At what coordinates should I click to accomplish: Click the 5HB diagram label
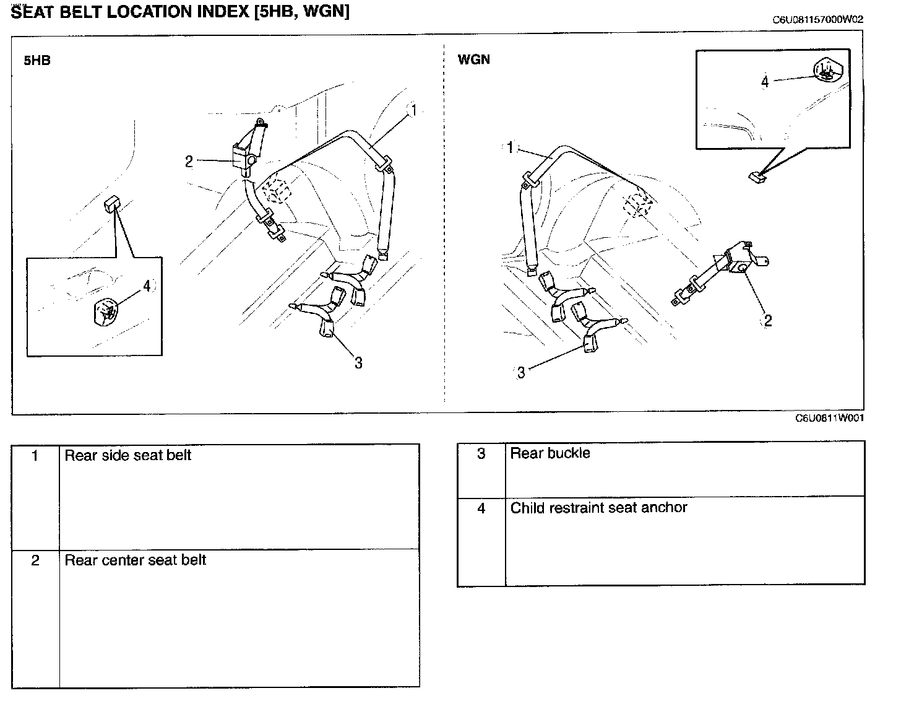(x=37, y=61)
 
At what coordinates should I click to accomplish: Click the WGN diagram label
(x=473, y=60)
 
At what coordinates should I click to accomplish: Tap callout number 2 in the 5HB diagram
(x=189, y=162)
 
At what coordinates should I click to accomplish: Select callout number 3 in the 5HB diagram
(x=358, y=363)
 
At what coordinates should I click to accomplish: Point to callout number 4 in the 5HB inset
(x=147, y=285)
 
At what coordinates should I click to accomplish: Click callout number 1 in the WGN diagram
(x=510, y=147)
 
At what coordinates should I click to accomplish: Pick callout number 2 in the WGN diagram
(x=768, y=320)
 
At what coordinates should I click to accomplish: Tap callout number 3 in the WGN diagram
(x=521, y=372)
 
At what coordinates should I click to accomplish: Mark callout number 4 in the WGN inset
(x=765, y=81)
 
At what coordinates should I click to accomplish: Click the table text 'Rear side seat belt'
(x=128, y=456)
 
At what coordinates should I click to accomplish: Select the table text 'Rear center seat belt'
(x=135, y=560)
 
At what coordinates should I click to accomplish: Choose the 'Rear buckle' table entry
(x=550, y=453)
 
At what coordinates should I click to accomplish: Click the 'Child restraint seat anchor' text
(x=598, y=508)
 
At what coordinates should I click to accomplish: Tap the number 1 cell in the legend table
(x=35, y=456)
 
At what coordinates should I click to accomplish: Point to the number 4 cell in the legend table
(x=481, y=508)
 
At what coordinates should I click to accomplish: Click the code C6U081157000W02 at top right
(x=817, y=19)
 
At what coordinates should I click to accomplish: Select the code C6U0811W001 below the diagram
(x=830, y=418)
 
